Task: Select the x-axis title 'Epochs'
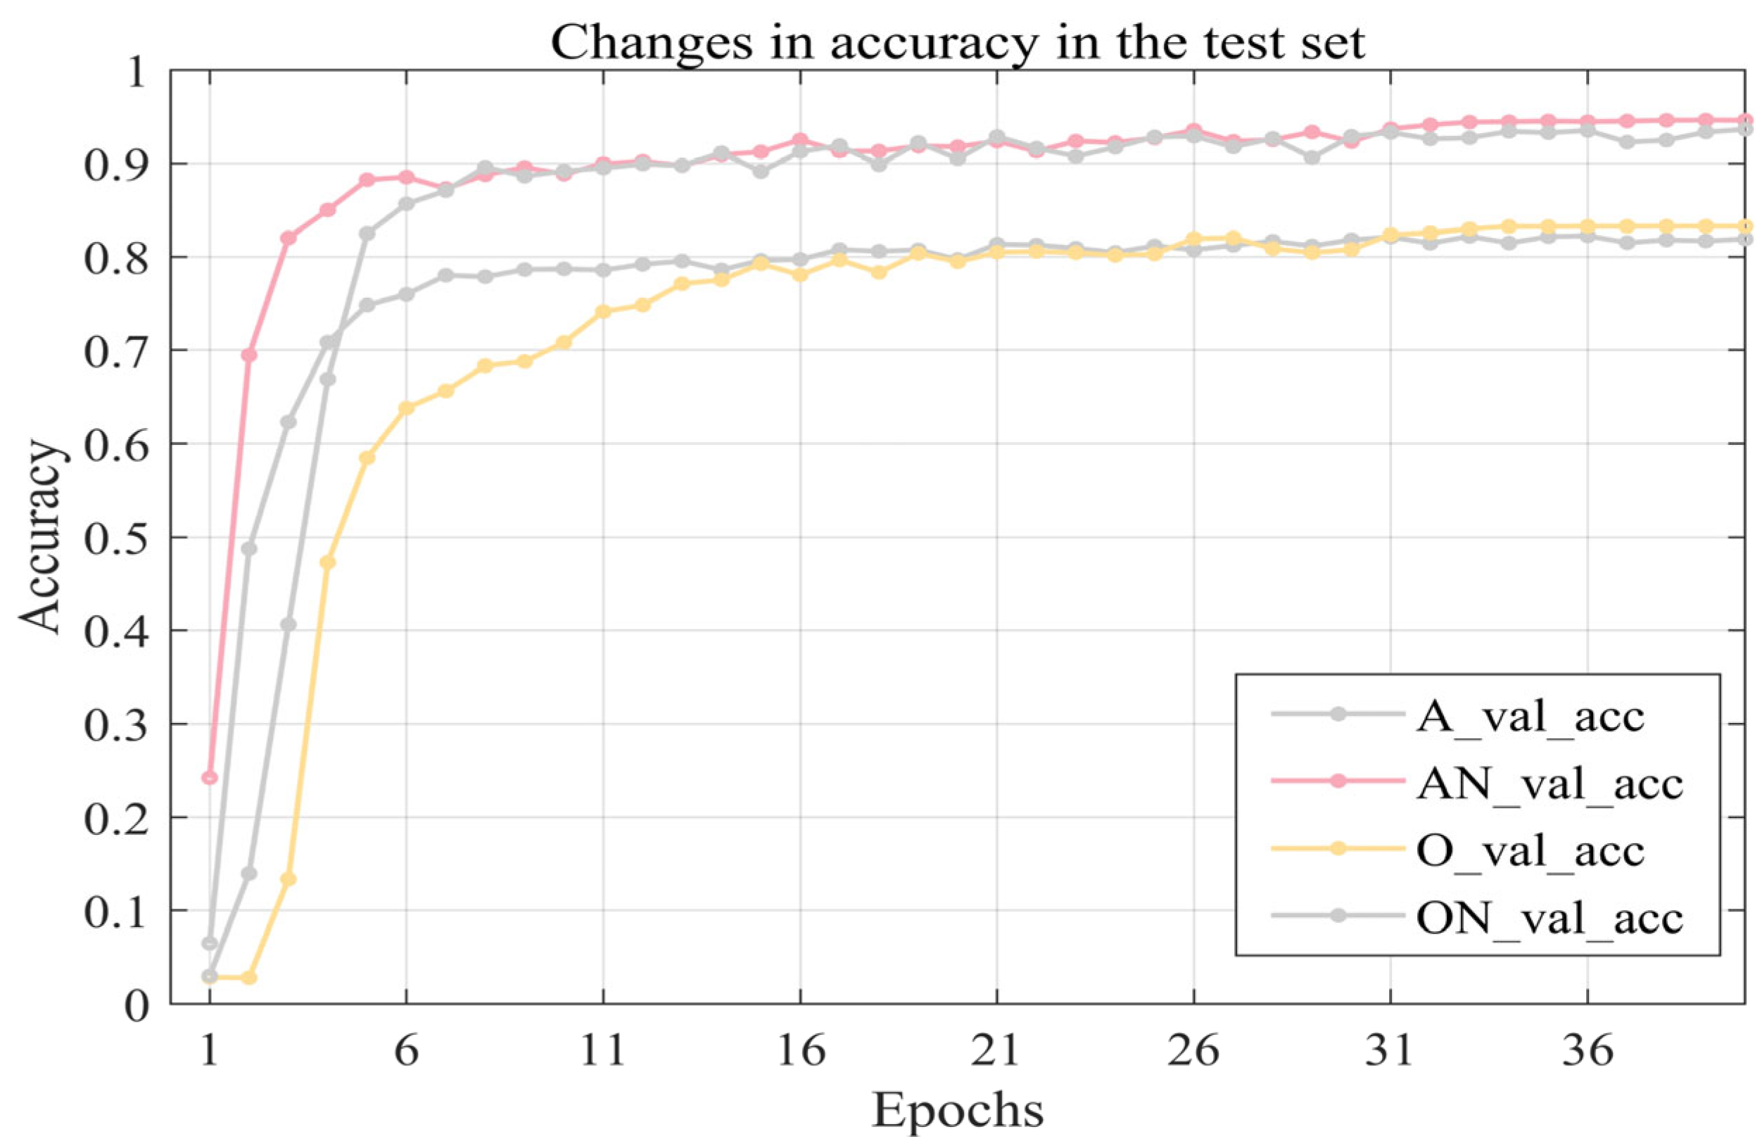click(x=957, y=1109)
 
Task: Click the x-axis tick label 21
click(x=996, y=1050)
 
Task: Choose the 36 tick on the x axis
click(x=1587, y=1050)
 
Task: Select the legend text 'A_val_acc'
click(x=1530, y=717)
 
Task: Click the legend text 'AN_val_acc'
click(x=1549, y=783)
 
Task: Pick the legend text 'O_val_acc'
click(x=1530, y=850)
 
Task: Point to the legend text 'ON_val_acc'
click(x=1549, y=918)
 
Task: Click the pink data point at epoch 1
click(x=210, y=777)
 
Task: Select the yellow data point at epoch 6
click(x=406, y=408)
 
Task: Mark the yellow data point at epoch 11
click(x=603, y=312)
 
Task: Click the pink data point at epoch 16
click(x=800, y=140)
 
